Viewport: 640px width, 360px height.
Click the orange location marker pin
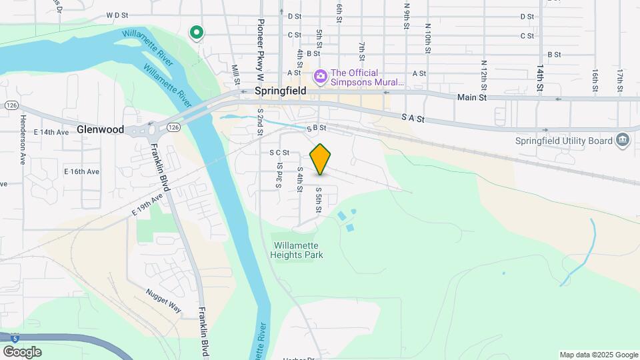pyautogui.click(x=321, y=159)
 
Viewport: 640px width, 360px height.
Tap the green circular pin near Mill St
pyautogui.click(x=196, y=32)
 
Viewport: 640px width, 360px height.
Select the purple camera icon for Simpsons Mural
pyautogui.click(x=320, y=77)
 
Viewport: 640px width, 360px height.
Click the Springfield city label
pyautogui.click(x=280, y=91)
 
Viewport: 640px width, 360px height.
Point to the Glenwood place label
pyautogui.click(x=100, y=129)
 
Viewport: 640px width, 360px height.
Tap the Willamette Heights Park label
pyautogui.click(x=297, y=250)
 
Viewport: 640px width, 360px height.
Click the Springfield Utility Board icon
pyautogui.click(x=623, y=139)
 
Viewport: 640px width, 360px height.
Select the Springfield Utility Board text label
pyautogui.click(x=564, y=141)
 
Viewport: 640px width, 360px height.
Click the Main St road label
pyautogui.click(x=472, y=97)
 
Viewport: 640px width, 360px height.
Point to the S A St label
pyautogui.click(x=413, y=117)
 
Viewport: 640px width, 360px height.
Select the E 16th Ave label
pyautogui.click(x=82, y=171)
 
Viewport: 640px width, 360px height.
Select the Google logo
pyautogui.click(x=22, y=352)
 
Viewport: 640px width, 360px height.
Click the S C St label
pyautogui.click(x=279, y=153)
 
